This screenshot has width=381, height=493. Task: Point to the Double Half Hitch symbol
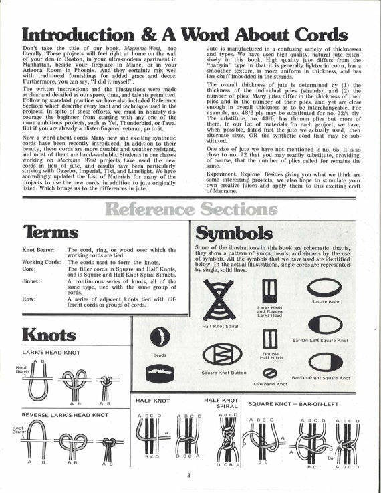pyautogui.click(x=271, y=337)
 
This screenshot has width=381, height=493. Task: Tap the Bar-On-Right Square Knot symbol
pyautogui.click(x=326, y=363)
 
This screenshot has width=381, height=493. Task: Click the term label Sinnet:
pyautogui.click(x=32, y=282)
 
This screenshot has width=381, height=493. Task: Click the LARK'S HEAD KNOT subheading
pyautogui.click(x=51, y=351)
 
